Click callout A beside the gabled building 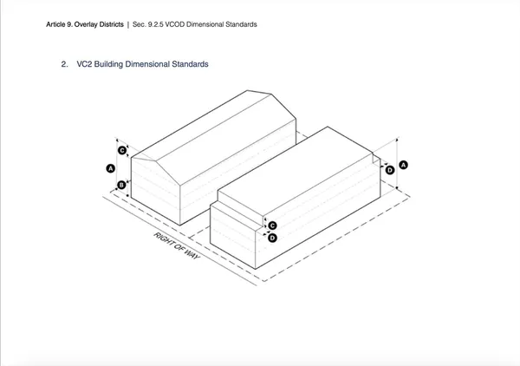pyautogui.click(x=111, y=168)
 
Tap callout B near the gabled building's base pyautogui.click(x=121, y=185)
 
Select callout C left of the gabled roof pyautogui.click(x=122, y=151)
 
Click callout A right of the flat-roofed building pyautogui.click(x=403, y=165)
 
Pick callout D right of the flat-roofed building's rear pyautogui.click(x=390, y=170)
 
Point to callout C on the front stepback pyautogui.click(x=272, y=226)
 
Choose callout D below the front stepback pyautogui.click(x=272, y=238)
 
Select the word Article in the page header pyautogui.click(x=55, y=24)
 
